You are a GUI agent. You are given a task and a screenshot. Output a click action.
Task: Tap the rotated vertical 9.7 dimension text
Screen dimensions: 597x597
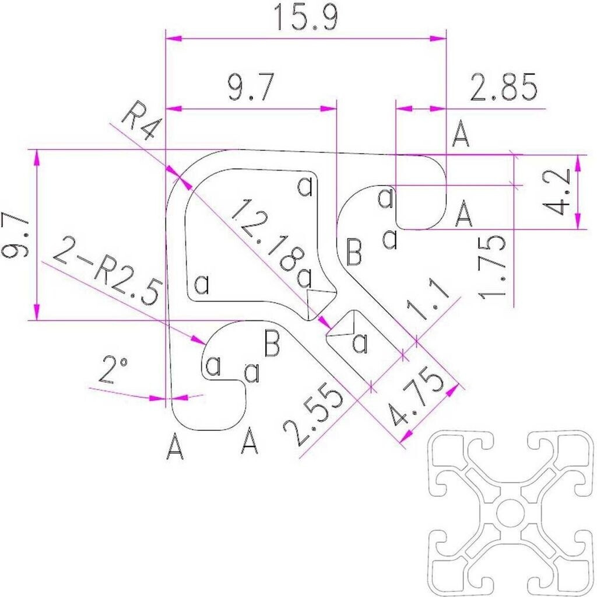click(x=16, y=235)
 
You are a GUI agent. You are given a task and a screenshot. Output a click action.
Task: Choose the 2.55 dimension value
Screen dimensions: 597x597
click(x=313, y=415)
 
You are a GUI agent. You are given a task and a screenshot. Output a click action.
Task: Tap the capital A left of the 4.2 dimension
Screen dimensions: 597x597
click(x=463, y=213)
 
